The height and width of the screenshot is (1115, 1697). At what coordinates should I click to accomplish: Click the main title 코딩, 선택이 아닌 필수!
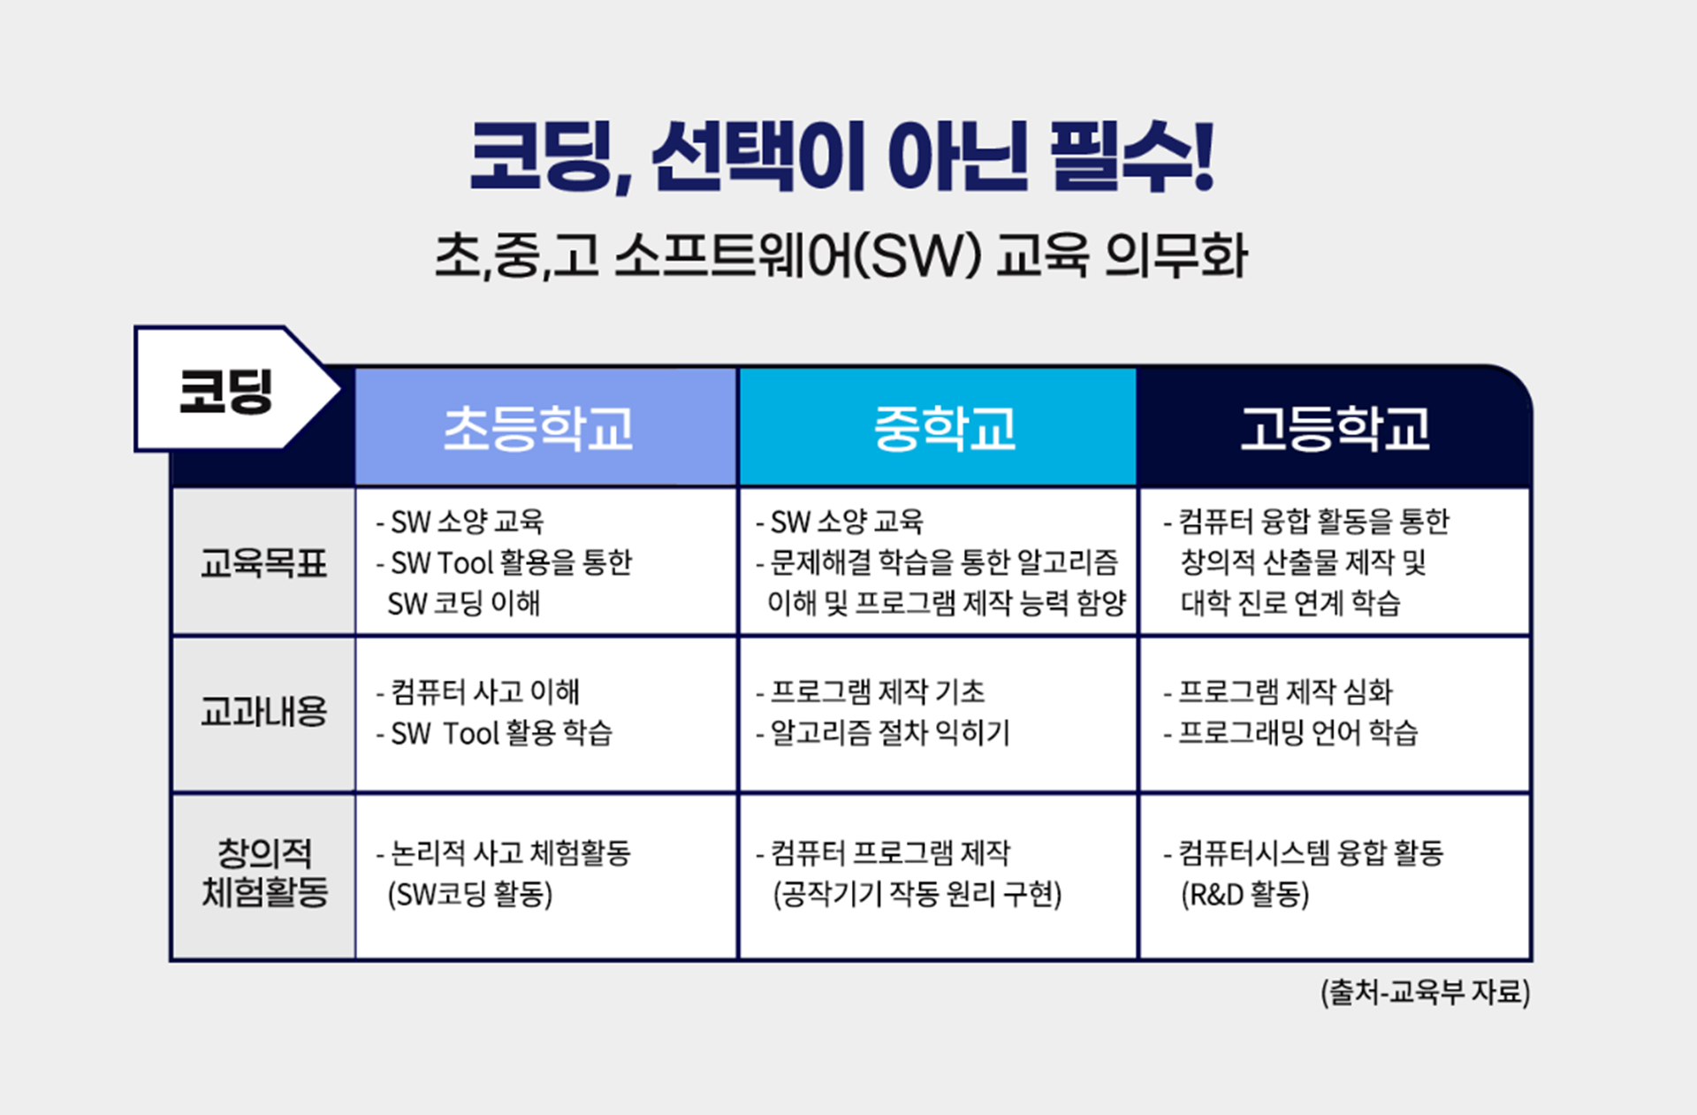click(841, 157)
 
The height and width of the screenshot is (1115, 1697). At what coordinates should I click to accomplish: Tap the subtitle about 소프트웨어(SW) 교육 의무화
click(841, 256)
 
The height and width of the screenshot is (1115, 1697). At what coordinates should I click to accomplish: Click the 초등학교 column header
click(538, 429)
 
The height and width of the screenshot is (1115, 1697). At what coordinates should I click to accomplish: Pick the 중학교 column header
click(945, 429)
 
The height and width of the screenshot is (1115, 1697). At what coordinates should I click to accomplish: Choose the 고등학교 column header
click(1335, 429)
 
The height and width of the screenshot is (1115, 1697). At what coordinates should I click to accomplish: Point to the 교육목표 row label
click(263, 563)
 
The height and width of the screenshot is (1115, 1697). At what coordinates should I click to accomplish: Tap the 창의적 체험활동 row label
click(263, 873)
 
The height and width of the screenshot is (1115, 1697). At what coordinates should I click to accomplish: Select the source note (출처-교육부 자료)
click(1426, 991)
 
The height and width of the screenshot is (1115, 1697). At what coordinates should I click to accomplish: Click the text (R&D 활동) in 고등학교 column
click(1244, 895)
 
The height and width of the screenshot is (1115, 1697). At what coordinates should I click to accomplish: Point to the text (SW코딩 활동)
click(470, 895)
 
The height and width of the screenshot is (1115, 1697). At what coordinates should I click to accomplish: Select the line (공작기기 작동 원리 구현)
click(917, 895)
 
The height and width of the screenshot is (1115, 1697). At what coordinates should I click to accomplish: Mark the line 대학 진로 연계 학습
click(1290, 603)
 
